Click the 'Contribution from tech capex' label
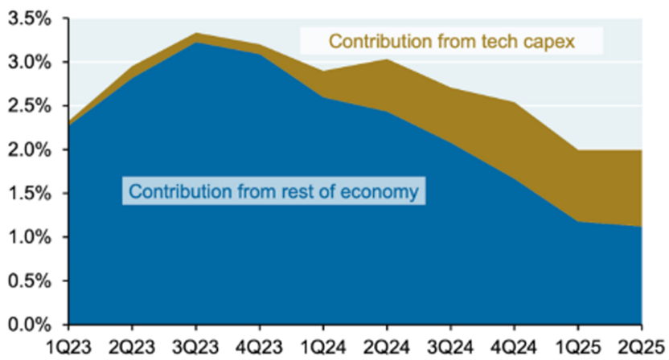452,40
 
